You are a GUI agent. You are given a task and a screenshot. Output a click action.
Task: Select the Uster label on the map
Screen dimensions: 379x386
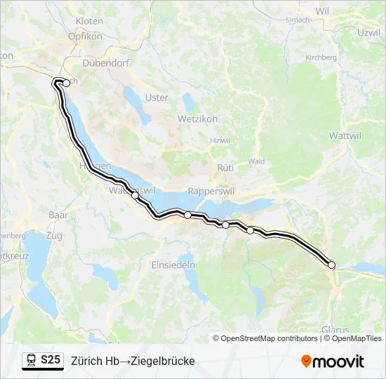pyautogui.click(x=157, y=98)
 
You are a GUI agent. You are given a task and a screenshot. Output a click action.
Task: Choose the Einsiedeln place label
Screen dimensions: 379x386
pyautogui.click(x=173, y=265)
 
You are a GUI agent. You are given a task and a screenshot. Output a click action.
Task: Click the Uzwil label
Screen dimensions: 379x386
pyautogui.click(x=368, y=33)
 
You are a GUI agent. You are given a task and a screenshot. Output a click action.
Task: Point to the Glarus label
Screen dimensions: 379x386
pyautogui.click(x=335, y=329)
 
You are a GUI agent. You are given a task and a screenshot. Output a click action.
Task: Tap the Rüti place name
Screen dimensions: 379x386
pyautogui.click(x=225, y=168)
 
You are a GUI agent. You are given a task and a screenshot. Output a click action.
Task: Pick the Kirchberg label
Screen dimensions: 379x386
pyautogui.click(x=321, y=58)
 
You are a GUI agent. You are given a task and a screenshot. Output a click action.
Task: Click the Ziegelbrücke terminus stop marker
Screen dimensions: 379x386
pyautogui.click(x=332, y=265)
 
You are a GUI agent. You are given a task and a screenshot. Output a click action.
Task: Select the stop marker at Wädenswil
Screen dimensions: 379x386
pyautogui.click(x=135, y=195)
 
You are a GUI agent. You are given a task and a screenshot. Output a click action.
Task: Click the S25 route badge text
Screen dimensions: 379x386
pyautogui.click(x=51, y=360)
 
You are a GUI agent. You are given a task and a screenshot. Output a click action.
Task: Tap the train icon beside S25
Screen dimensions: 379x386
pyautogui.click(x=32, y=361)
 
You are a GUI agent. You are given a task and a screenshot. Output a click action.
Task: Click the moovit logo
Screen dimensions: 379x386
pyautogui.click(x=333, y=361)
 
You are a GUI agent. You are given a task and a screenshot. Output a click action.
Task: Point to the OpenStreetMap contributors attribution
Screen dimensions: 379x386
pyautogui.click(x=265, y=338)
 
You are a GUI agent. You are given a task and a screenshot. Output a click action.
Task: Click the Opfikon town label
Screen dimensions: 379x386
pyautogui.click(x=86, y=36)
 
